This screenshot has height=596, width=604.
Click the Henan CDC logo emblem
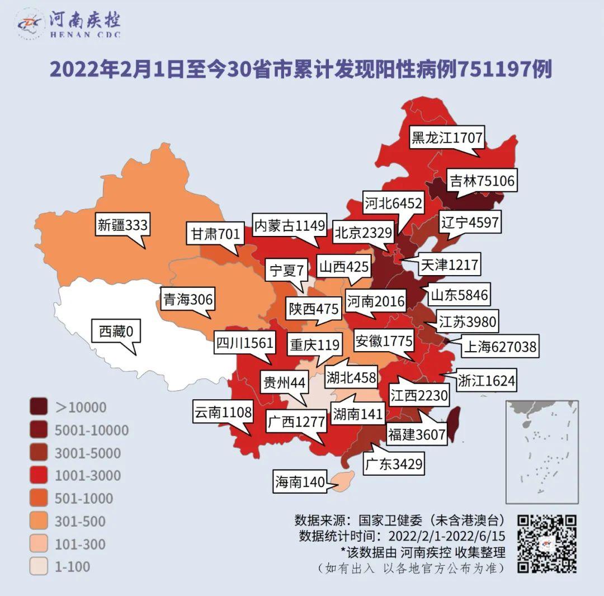tap(30, 23)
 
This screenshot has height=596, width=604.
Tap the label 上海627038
tap(499, 347)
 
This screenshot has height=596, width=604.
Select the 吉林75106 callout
tap(482, 181)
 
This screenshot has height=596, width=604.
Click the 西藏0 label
tap(116, 332)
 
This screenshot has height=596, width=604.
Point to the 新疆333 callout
tap(122, 225)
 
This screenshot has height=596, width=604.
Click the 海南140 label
tap(300, 482)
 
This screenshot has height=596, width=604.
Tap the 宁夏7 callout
tap(287, 271)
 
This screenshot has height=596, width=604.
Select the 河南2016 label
tap(375, 302)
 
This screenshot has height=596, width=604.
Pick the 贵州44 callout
tap(284, 383)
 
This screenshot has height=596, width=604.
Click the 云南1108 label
tap(223, 413)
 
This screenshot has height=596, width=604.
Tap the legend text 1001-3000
tap(88, 475)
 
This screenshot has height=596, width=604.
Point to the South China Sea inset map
tap(541, 452)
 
